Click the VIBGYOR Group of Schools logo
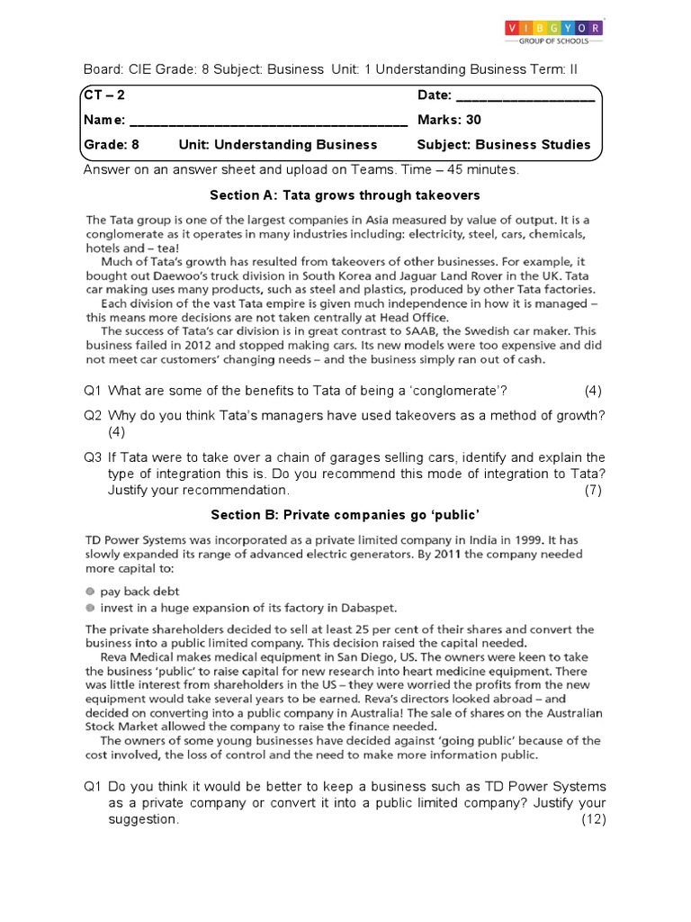click(553, 32)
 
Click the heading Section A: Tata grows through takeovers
click(345, 195)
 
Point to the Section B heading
click(345, 514)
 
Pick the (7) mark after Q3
click(592, 490)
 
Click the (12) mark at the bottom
click(593, 819)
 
